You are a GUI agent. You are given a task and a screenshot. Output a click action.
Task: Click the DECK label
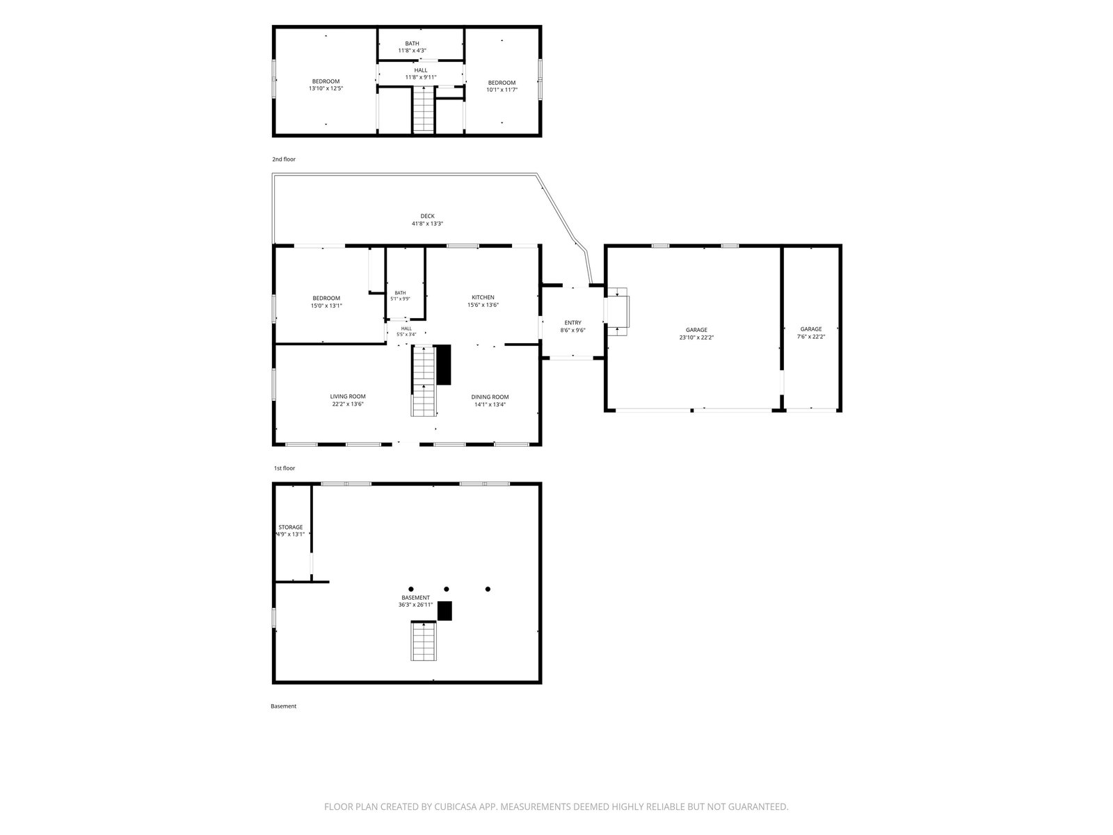coord(427,216)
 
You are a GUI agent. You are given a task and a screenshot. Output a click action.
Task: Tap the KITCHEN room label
coord(483,298)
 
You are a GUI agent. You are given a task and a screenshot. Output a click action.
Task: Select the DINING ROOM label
coord(489,397)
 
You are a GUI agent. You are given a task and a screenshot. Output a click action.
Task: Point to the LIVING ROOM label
coord(347,397)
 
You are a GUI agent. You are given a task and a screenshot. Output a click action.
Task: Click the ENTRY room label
coord(572,323)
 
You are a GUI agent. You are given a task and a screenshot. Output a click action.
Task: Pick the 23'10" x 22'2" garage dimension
coord(696,337)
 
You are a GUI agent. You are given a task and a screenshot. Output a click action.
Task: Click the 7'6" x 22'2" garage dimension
coord(811,337)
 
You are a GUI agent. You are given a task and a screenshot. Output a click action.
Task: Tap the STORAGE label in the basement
coord(290,527)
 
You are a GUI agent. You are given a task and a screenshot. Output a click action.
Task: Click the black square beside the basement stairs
coord(445,611)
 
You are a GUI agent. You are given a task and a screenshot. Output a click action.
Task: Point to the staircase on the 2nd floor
coord(424,109)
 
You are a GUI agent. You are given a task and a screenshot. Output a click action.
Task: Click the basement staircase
coord(424,642)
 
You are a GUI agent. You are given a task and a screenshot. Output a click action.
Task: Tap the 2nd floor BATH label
coord(412,44)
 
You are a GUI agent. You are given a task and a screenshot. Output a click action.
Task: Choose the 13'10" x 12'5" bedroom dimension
coord(326,89)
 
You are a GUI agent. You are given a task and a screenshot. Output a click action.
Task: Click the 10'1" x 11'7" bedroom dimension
coord(502,90)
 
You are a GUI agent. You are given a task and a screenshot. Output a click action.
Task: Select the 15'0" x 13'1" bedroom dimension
coord(326,305)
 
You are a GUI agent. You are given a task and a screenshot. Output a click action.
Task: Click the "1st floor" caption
coord(284,468)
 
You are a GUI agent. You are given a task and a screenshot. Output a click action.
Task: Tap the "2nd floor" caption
coord(283,159)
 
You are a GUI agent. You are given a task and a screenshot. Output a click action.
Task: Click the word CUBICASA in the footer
coord(456,806)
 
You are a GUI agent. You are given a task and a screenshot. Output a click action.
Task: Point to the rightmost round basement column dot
coord(488,589)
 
